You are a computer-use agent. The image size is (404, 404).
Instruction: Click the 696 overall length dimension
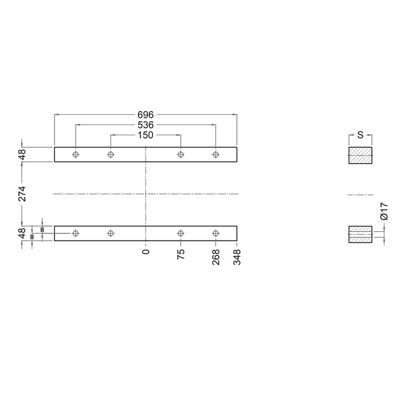pyautogui.click(x=145, y=115)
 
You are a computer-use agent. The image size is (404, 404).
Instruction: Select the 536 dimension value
pyautogui.click(x=145, y=125)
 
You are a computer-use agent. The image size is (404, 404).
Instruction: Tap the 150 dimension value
pyautogui.click(x=145, y=135)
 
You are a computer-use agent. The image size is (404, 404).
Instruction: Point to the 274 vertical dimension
pyautogui.click(x=22, y=194)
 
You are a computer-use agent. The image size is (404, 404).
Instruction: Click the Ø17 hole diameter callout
pyautogui.click(x=384, y=211)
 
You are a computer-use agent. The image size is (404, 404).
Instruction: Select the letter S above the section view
pyautogui.click(x=360, y=135)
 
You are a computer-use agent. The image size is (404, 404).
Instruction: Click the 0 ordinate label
pyautogui.click(x=146, y=251)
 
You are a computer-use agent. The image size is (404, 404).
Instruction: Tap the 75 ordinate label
pyautogui.click(x=181, y=254)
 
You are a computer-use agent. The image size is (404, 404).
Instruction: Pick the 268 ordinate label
pyautogui.click(x=216, y=257)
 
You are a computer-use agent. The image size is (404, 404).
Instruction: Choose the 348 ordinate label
pyautogui.click(x=237, y=257)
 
